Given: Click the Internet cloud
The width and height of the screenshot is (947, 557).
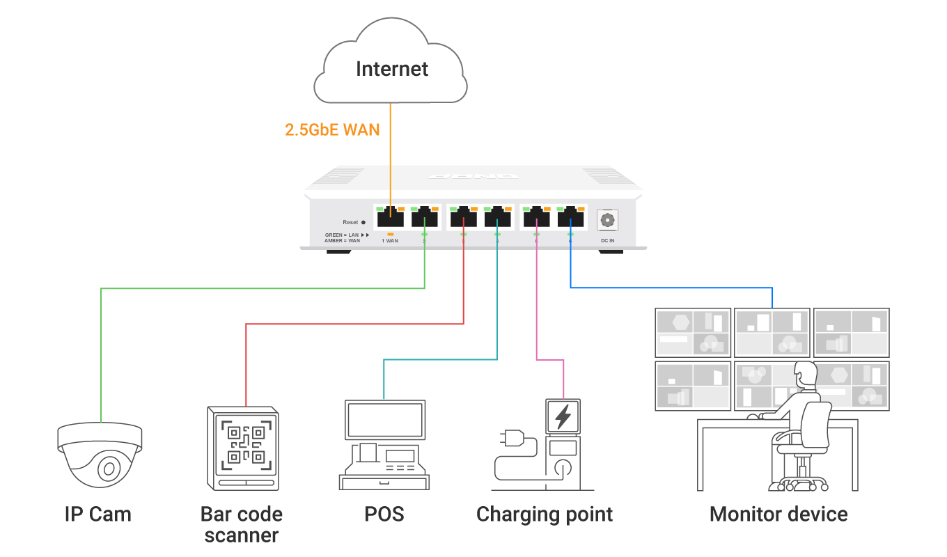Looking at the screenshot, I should (x=391, y=63).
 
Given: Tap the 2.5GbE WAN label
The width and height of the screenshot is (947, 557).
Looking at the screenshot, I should (x=332, y=130).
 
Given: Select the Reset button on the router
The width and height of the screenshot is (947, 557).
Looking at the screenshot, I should (x=363, y=222).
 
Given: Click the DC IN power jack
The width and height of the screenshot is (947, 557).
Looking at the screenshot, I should (x=607, y=220).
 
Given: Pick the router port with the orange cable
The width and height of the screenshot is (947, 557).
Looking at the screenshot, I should (x=389, y=217).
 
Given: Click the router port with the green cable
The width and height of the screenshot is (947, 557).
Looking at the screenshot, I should (x=425, y=217).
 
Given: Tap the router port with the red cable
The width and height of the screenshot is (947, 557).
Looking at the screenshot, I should (x=463, y=217).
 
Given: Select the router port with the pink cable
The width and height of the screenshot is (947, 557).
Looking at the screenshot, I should (x=536, y=217).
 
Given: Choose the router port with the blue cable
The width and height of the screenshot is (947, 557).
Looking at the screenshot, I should (x=571, y=217).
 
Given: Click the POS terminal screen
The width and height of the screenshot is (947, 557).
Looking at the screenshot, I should (x=385, y=419).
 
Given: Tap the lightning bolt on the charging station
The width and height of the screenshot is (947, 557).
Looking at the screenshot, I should (x=563, y=417).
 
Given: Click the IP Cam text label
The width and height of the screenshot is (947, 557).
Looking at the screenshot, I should (x=97, y=515).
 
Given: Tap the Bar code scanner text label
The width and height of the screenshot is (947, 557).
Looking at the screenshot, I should (x=242, y=525).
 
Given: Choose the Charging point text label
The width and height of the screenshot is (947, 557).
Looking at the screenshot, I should (x=545, y=515).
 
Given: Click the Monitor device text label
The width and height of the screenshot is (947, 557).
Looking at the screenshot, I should (x=778, y=515).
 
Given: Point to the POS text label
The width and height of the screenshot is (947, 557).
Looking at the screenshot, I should (x=384, y=515).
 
